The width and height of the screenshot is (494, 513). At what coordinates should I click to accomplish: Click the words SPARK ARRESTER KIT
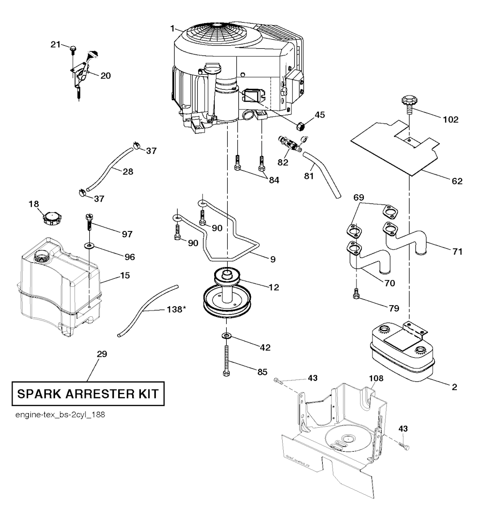pyautogui.click(x=87, y=393)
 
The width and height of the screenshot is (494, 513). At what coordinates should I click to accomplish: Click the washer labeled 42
pyautogui.click(x=226, y=335)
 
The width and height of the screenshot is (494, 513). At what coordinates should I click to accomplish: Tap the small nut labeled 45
pyautogui.click(x=300, y=126)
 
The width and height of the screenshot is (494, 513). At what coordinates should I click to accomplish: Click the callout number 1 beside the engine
pyautogui.click(x=172, y=29)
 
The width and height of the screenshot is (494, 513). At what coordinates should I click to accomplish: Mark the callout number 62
pyautogui.click(x=458, y=181)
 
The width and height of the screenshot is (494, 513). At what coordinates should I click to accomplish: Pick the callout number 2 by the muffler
pyautogui.click(x=455, y=386)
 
